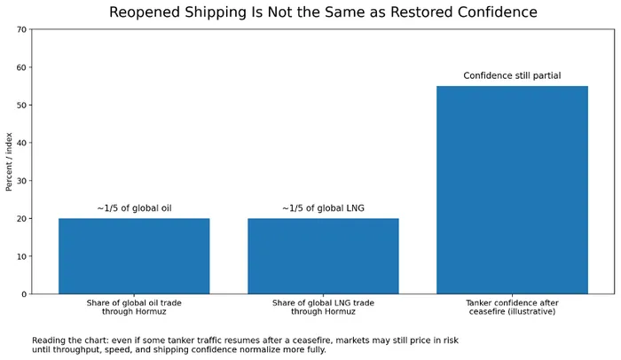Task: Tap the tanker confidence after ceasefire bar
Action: pyautogui.click(x=512, y=190)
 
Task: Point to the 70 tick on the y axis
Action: pyautogui.click(x=22, y=29)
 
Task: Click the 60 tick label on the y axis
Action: pyautogui.click(x=22, y=67)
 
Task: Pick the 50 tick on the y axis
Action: pyautogui.click(x=22, y=105)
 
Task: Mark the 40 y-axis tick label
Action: pyautogui.click(x=22, y=143)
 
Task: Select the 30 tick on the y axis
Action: pyautogui.click(x=22, y=181)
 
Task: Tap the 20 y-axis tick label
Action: pyautogui.click(x=22, y=218)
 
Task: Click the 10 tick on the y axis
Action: pyautogui.click(x=22, y=256)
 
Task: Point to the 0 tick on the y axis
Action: pyautogui.click(x=25, y=294)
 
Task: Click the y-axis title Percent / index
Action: pyautogui.click(x=9, y=161)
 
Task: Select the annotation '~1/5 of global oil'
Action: pyautogui.click(x=134, y=208)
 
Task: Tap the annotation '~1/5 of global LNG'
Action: pyautogui.click(x=323, y=208)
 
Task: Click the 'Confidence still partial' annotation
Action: pyautogui.click(x=512, y=75)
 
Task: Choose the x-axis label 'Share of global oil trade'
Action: pyautogui.click(x=134, y=302)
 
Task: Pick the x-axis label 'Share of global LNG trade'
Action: pyautogui.click(x=323, y=302)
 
